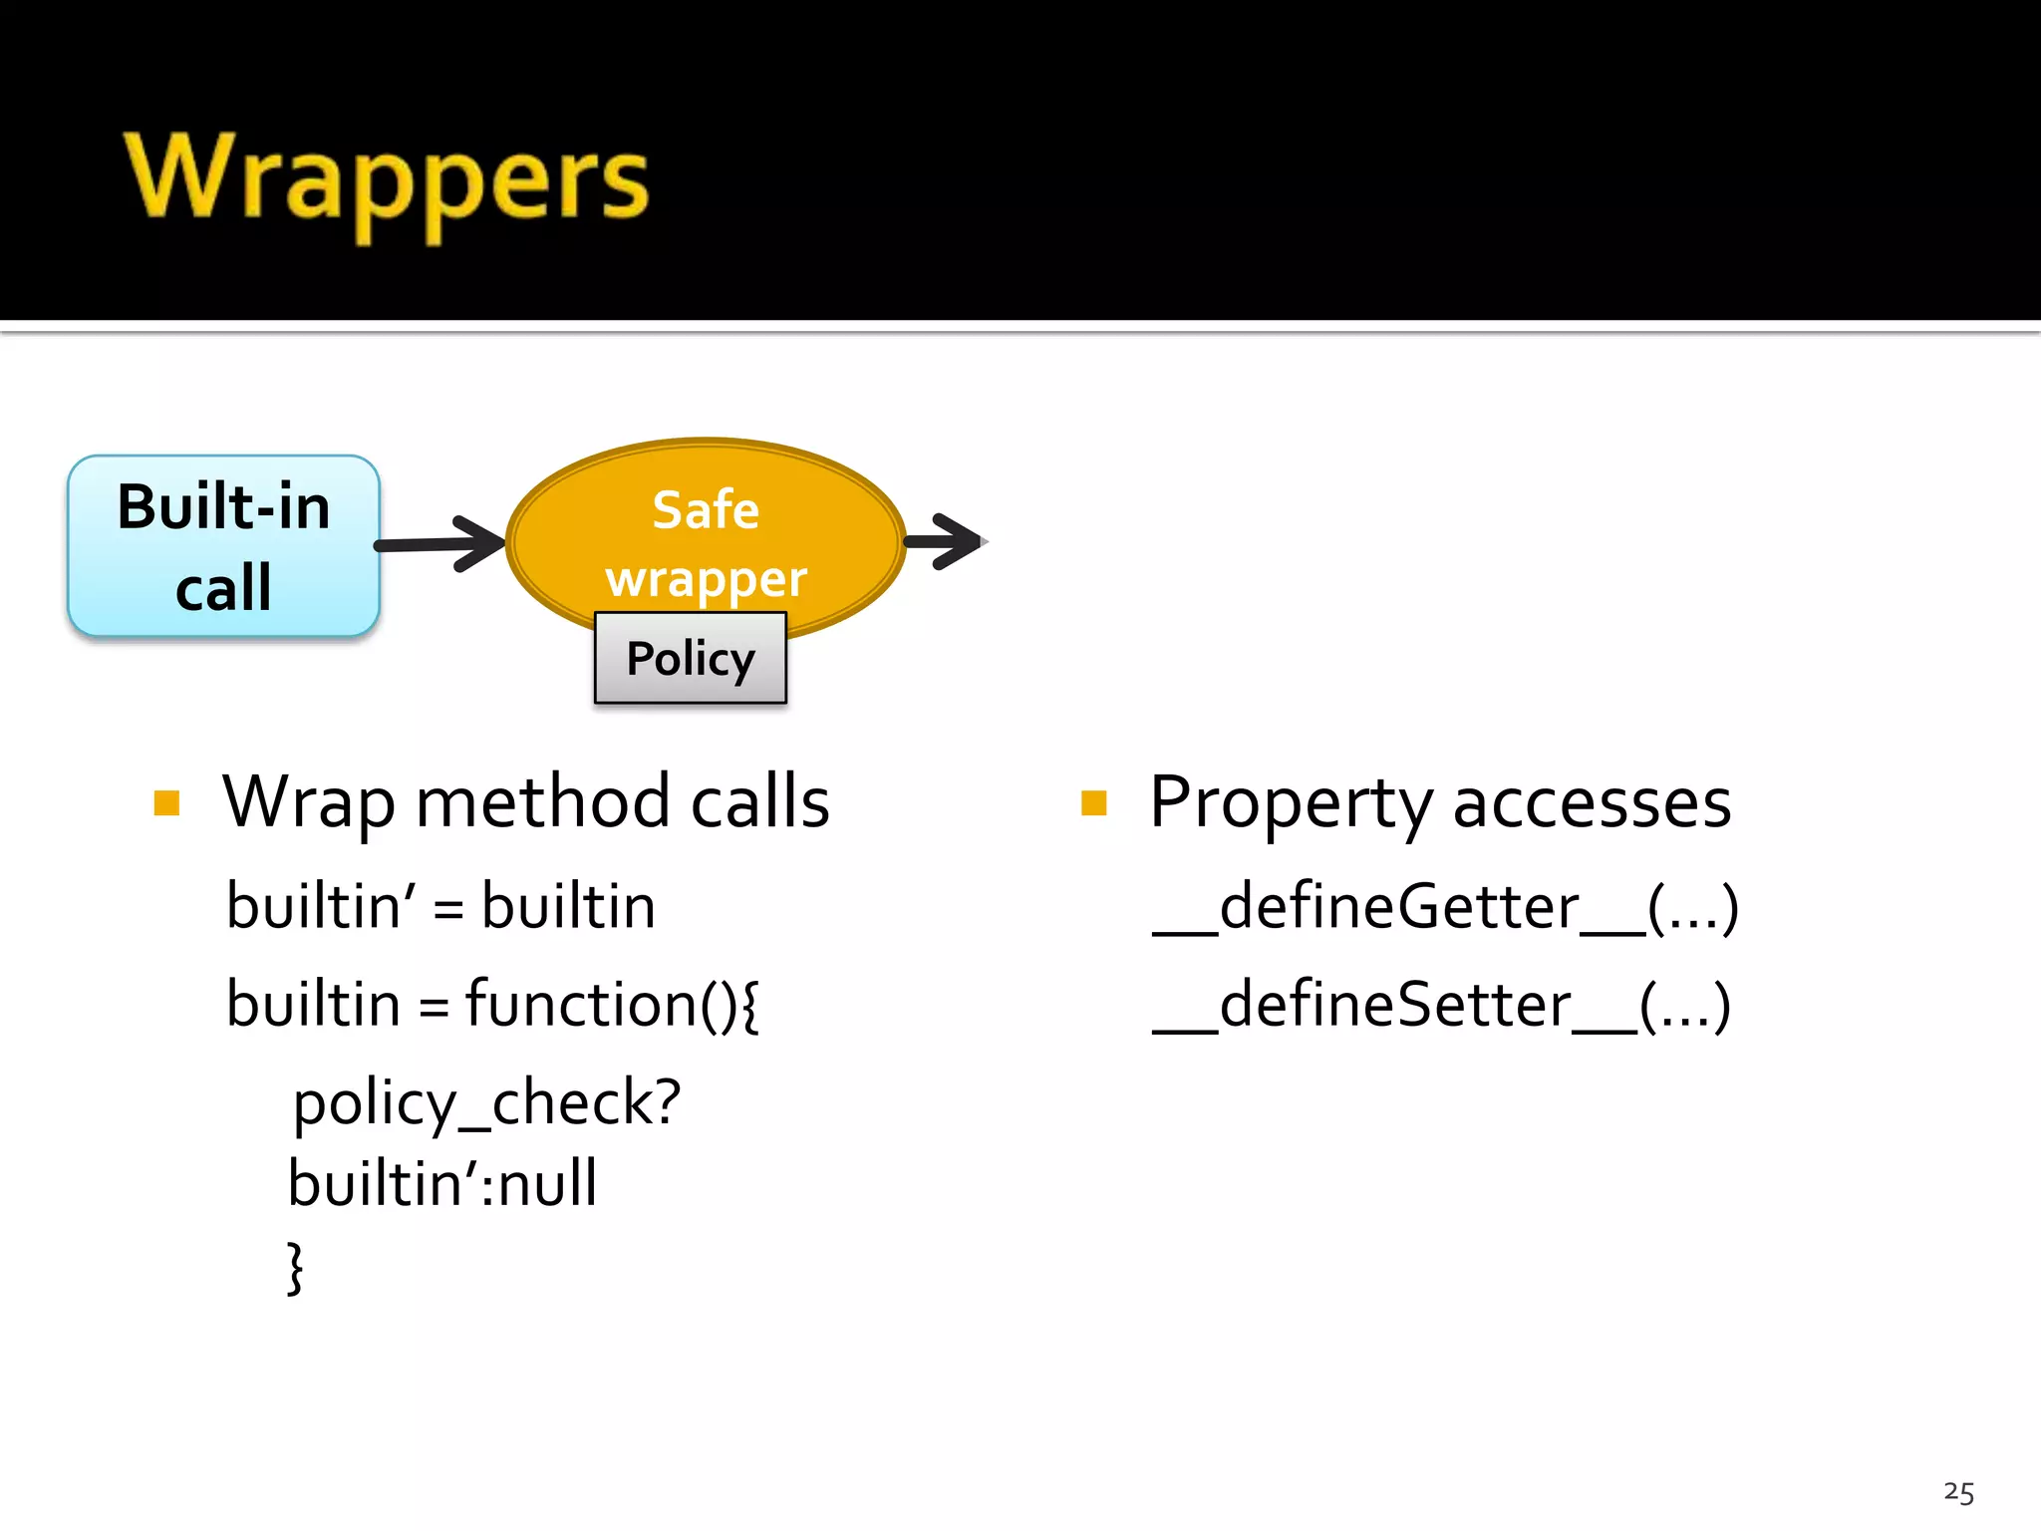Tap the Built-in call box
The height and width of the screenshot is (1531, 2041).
223,546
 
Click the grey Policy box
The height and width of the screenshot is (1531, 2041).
690,659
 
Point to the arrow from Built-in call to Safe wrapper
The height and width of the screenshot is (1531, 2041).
438,544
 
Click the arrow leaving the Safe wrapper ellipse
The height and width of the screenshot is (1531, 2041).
944,541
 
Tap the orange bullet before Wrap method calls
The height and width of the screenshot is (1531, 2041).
167,803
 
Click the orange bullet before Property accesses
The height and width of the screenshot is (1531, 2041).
1093,803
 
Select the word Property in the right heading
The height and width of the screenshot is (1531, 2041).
1292,803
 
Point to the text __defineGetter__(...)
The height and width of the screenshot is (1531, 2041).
1445,907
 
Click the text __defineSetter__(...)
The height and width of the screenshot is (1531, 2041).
1441,1005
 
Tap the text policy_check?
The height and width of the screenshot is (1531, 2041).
486,1104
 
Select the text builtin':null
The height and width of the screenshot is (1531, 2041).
442,1184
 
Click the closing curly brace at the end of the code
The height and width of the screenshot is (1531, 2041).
295,1268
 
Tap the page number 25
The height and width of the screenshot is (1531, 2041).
1958,1492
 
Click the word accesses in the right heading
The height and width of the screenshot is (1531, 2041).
1592,803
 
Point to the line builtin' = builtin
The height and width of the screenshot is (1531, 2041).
440,907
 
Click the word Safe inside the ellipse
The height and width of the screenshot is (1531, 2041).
706,510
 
